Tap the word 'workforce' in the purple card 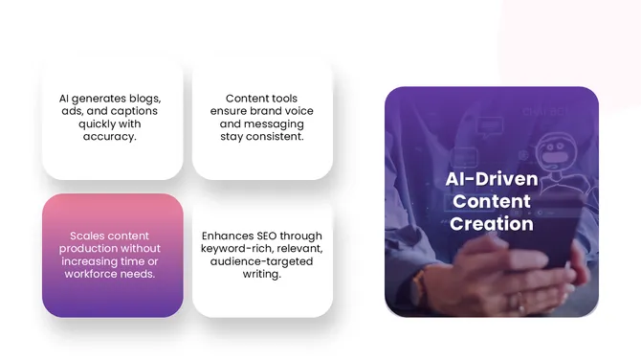pos(95,274)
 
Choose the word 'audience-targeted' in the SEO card pos(261,260)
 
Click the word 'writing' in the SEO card pos(262,274)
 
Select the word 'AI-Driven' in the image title pos(492,180)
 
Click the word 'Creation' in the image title pos(492,224)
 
